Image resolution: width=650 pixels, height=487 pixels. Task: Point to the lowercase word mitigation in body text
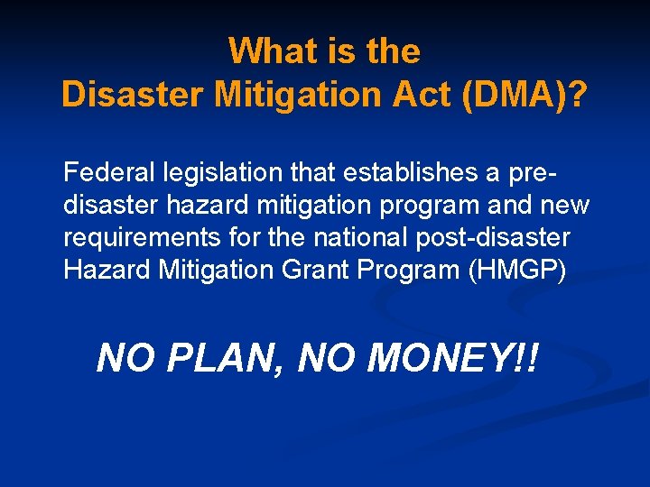[x=285, y=206]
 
